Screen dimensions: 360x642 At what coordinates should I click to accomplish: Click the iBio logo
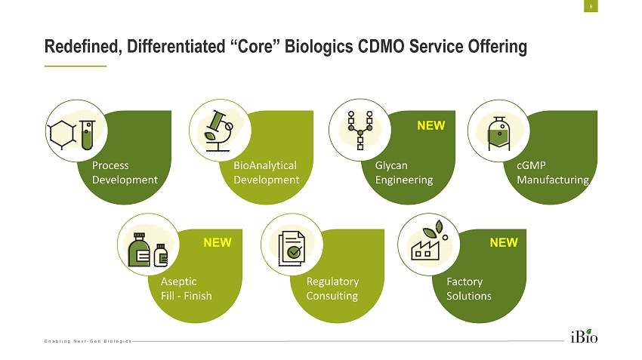[x=583, y=335]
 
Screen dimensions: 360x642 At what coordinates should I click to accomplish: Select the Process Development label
[x=124, y=172]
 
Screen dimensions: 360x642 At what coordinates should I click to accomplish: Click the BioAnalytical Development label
[x=266, y=172]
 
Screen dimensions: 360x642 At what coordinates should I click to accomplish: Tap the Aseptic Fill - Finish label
[x=187, y=288]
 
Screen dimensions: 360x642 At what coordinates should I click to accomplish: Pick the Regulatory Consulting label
[x=332, y=288]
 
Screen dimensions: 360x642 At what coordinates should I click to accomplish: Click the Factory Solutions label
[x=469, y=288]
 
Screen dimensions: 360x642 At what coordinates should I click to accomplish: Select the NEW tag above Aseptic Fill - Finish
[x=217, y=243]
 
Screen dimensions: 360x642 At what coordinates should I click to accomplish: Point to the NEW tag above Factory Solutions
[x=504, y=243]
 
